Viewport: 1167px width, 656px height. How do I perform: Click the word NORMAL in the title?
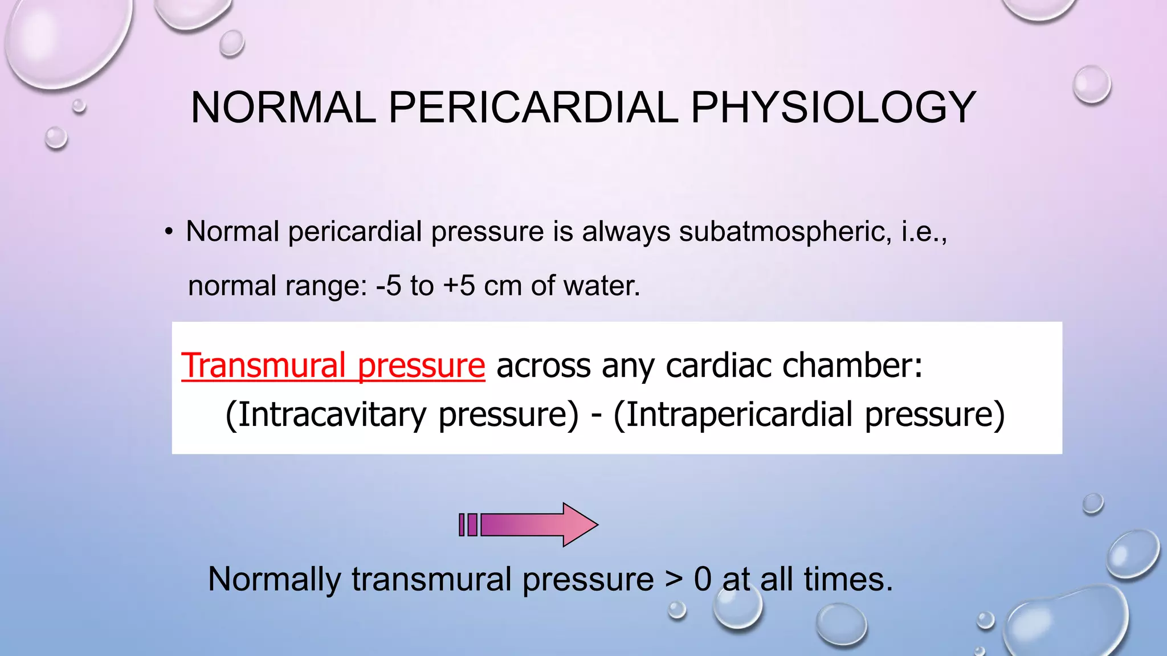click(283, 108)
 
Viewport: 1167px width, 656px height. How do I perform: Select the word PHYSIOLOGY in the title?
click(833, 108)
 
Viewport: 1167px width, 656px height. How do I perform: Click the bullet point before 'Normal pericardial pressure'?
click(168, 232)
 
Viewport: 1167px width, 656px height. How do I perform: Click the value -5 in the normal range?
click(389, 286)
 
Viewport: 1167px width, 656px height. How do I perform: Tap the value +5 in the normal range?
click(459, 286)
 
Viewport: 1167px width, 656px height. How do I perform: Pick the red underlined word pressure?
click(422, 366)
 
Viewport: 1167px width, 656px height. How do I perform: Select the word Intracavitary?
click(332, 415)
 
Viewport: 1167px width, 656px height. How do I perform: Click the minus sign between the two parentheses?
click(596, 416)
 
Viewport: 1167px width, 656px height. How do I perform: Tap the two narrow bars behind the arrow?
click(468, 524)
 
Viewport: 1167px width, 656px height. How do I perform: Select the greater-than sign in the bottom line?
click(674, 580)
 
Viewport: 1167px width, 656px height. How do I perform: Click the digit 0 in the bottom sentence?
click(703, 580)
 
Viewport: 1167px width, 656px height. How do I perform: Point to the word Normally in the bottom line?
click(275, 580)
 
